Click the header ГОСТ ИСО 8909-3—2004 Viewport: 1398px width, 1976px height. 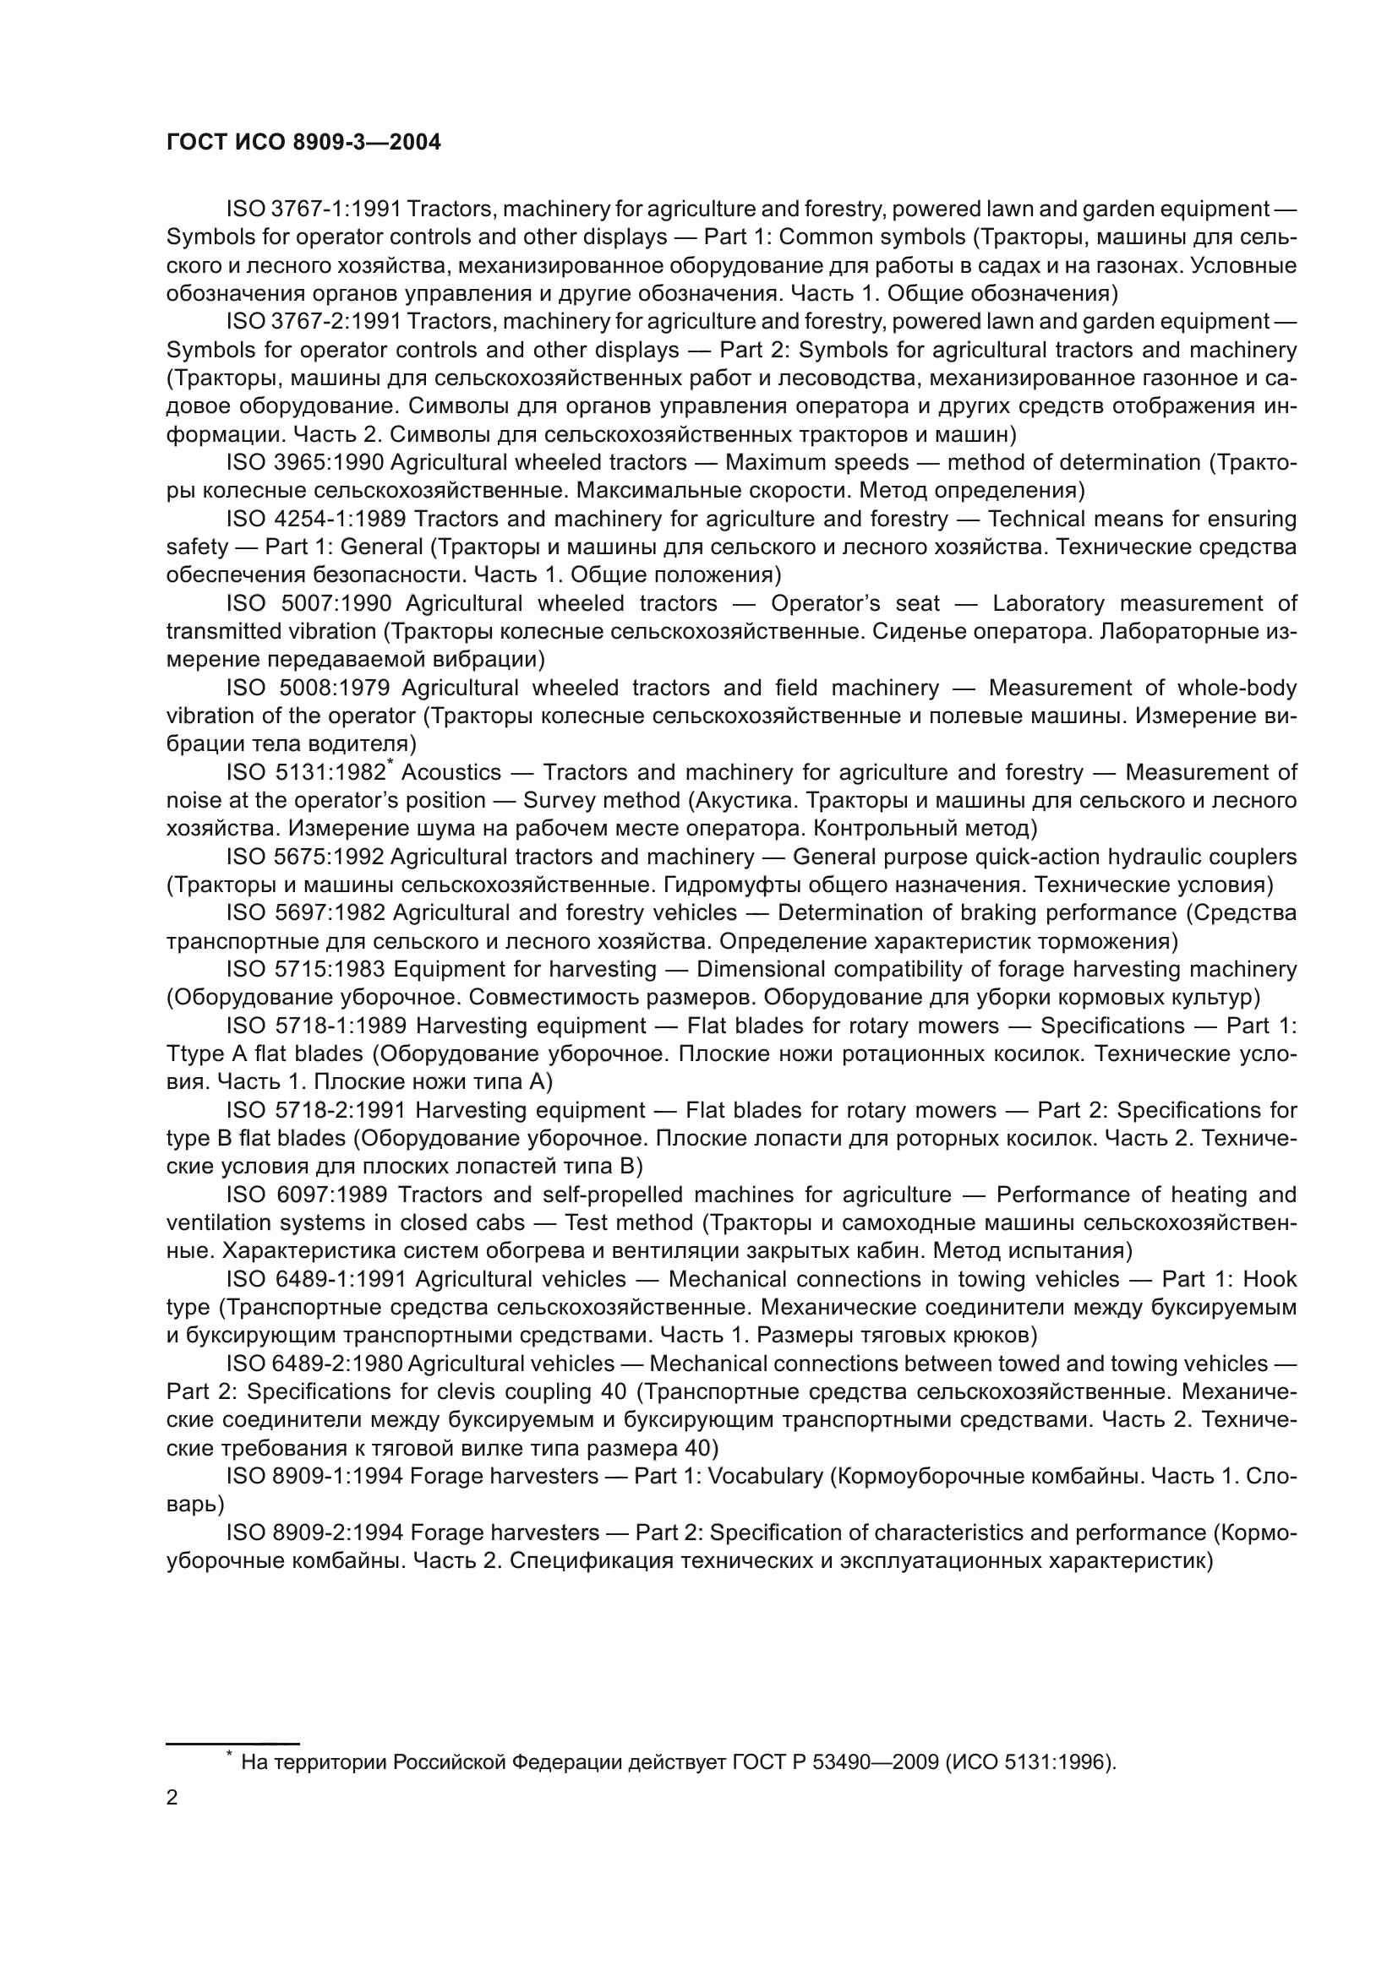click(303, 142)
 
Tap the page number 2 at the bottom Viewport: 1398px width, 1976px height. click(172, 1798)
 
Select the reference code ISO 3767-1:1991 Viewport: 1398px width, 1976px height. click(314, 209)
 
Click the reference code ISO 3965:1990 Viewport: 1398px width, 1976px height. click(305, 462)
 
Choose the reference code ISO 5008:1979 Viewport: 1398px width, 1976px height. click(309, 688)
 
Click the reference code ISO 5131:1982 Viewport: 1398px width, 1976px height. click(305, 772)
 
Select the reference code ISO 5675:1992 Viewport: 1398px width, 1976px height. click(305, 857)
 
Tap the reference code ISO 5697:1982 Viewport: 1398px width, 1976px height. click(305, 912)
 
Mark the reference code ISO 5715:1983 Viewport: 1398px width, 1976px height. click(305, 969)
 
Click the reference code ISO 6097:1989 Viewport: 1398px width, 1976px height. click(307, 1195)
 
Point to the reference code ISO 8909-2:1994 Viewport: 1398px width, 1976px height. click(314, 1532)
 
